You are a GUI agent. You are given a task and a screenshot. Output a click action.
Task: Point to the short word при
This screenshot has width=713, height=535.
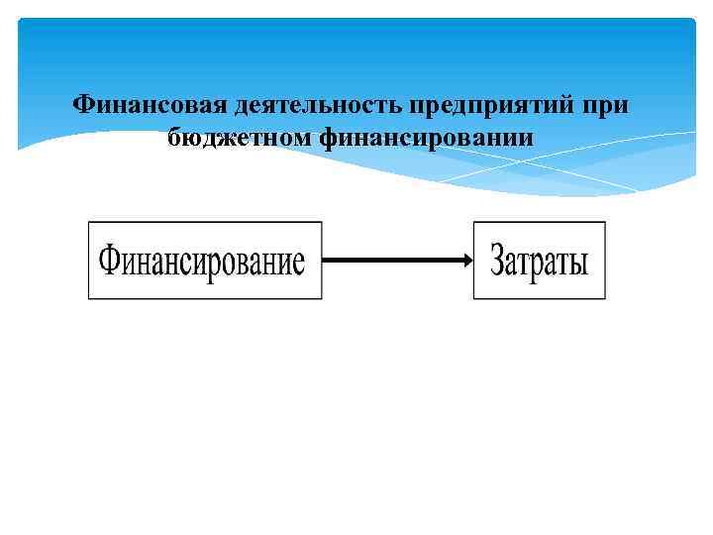[x=607, y=105]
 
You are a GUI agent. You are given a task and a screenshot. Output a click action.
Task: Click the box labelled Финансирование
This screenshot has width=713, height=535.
[x=205, y=261]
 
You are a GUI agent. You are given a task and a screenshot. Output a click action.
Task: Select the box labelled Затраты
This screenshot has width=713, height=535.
[x=540, y=261]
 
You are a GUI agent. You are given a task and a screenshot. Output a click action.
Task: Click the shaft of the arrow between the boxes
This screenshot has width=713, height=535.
[x=391, y=261]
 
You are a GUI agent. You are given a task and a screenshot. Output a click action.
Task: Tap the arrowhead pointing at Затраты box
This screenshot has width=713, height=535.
[x=466, y=261]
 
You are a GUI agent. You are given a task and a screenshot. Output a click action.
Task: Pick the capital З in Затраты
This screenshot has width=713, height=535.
[x=498, y=262]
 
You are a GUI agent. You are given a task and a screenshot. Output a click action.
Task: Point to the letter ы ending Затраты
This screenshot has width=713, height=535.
[x=579, y=264]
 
